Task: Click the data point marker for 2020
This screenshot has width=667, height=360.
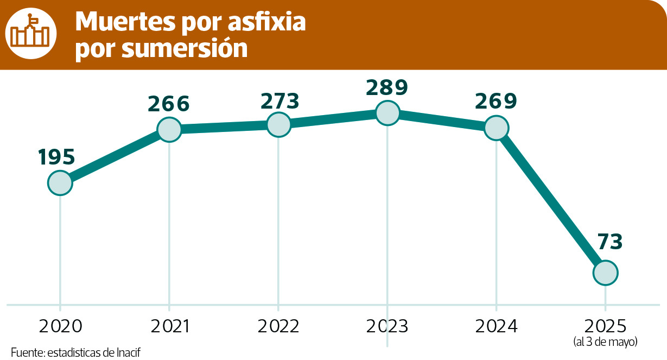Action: tap(60, 183)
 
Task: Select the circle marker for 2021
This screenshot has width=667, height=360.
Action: tap(169, 129)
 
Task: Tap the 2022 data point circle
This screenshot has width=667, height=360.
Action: tap(278, 124)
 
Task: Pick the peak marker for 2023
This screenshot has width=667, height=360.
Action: tap(387, 113)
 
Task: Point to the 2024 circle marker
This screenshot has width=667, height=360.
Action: tap(496, 128)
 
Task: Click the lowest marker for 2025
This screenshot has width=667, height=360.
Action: tap(605, 272)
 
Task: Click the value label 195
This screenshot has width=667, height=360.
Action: tap(56, 157)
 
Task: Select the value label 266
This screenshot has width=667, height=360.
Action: tap(168, 103)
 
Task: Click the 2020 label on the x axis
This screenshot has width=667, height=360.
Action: tap(60, 326)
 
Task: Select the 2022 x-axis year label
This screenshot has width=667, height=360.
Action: tap(278, 326)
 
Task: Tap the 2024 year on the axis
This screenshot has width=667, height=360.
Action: tap(497, 326)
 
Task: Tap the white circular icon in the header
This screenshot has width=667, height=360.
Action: tap(31, 34)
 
